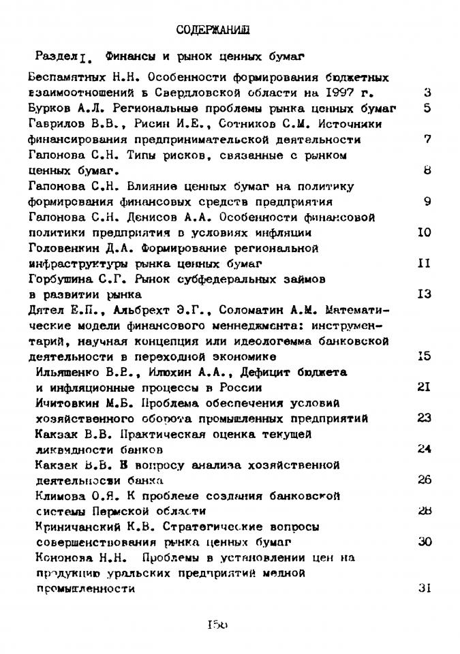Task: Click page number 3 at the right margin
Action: point(427,93)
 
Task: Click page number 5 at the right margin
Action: point(427,108)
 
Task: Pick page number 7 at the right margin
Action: point(427,140)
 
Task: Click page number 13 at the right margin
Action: point(424,294)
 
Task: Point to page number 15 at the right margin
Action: point(424,356)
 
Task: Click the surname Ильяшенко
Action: point(67,373)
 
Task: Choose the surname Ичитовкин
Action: point(65,403)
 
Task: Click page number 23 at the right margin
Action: point(424,418)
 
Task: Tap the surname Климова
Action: point(59,496)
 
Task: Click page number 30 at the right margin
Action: point(424,542)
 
